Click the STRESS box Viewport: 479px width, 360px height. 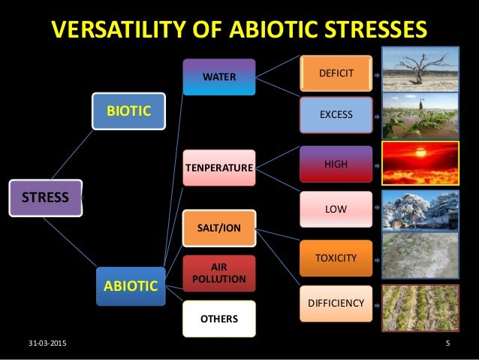tap(46, 198)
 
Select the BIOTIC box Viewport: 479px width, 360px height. tap(128, 111)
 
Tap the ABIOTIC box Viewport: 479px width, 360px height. tap(130, 286)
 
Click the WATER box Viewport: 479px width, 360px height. tap(218, 77)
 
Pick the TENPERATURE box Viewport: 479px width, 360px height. tap(218, 167)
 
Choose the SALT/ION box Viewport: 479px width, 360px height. tap(218, 227)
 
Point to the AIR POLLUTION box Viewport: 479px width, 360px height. tap(218, 273)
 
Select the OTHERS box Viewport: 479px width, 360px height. tap(218, 319)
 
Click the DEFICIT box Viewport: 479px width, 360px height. tap(336, 73)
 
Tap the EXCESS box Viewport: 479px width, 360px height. tap(336, 115)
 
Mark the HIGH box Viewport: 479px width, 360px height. tap(336, 163)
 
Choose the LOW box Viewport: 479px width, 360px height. tap(336, 209)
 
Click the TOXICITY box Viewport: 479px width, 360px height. tap(336, 258)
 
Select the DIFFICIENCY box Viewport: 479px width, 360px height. tap(336, 304)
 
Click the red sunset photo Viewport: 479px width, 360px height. tap(420, 163)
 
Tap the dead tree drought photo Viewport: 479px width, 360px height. tap(420, 69)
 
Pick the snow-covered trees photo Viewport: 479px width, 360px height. tap(420, 209)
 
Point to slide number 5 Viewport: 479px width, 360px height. tap(447, 344)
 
